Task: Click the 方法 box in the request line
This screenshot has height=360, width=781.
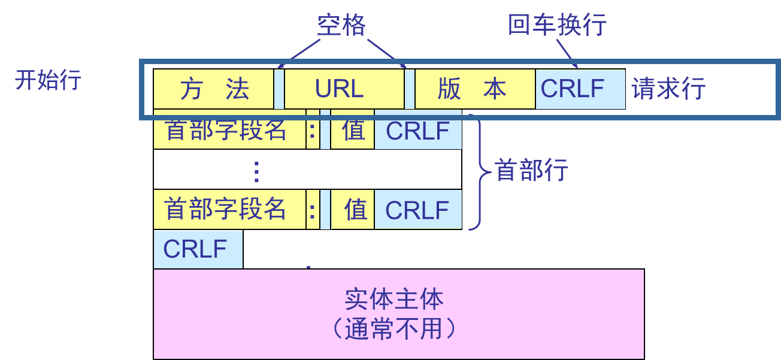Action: pyautogui.click(x=214, y=89)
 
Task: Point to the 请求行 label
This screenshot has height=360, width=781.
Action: pyautogui.click(x=668, y=90)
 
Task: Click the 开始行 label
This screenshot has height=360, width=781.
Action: pyautogui.click(x=48, y=80)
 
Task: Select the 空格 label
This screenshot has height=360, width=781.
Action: pyautogui.click(x=341, y=26)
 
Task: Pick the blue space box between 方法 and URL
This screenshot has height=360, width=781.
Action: pyautogui.click(x=279, y=89)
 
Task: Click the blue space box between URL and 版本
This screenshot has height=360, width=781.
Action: pyautogui.click(x=410, y=89)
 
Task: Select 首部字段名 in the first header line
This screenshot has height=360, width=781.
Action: pyautogui.click(x=226, y=131)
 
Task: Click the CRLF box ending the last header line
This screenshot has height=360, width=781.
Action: pyautogui.click(x=417, y=210)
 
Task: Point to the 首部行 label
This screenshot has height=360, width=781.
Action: pyautogui.click(x=531, y=171)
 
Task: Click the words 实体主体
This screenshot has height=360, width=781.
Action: pyautogui.click(x=394, y=300)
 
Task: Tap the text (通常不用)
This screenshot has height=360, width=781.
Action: pyautogui.click(x=394, y=328)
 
